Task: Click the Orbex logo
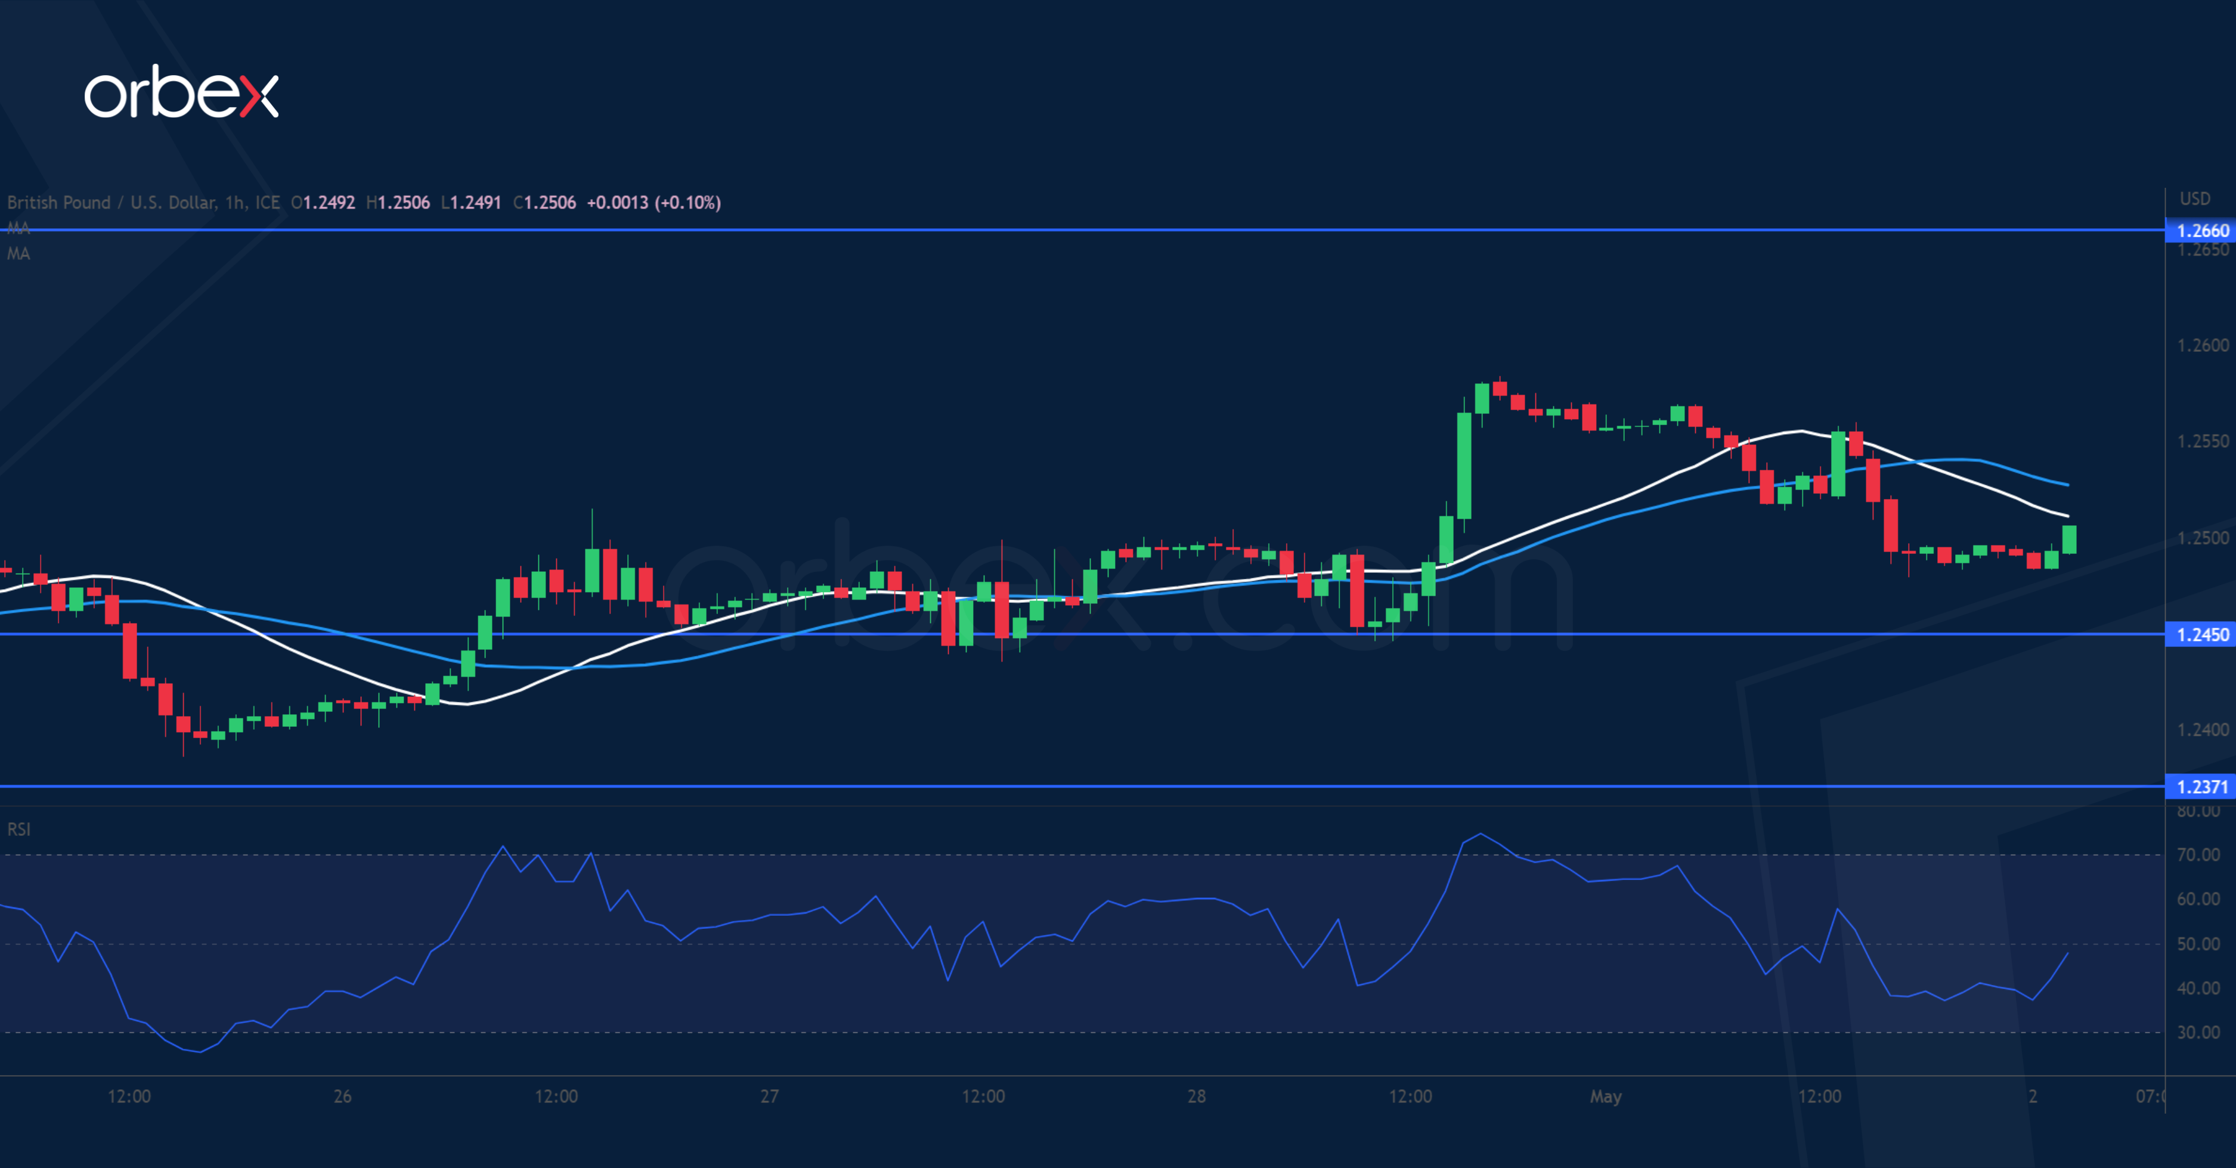click(x=181, y=93)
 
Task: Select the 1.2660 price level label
click(x=2202, y=231)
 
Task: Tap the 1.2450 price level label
click(x=2202, y=635)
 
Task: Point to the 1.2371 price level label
click(x=2202, y=787)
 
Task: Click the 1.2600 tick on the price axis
click(x=2202, y=345)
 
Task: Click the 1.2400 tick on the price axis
click(x=2202, y=730)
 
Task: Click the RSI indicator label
click(x=18, y=829)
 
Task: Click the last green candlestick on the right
click(x=2068, y=539)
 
